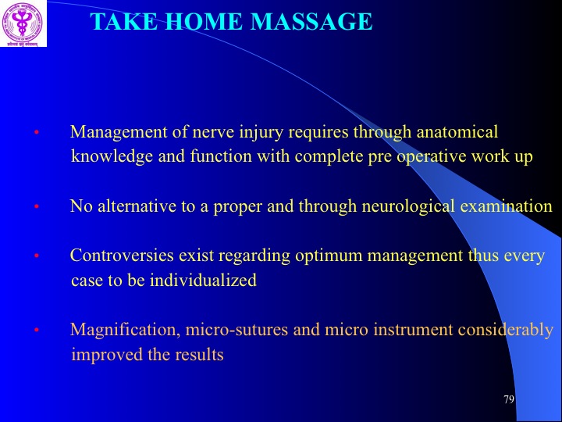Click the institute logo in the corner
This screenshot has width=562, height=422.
[23, 23]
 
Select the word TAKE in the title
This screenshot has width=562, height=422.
[123, 22]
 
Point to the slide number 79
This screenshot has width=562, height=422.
[509, 399]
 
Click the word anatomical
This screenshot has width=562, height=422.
[457, 132]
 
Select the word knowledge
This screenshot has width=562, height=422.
[112, 156]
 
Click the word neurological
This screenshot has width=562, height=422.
[408, 206]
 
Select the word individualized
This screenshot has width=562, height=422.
[203, 280]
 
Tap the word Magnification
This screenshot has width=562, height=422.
[125, 330]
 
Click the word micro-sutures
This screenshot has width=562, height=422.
[237, 330]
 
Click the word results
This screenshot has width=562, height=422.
[199, 355]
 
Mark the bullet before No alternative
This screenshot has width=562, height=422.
[36, 206]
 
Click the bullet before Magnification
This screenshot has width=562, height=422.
[36, 330]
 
